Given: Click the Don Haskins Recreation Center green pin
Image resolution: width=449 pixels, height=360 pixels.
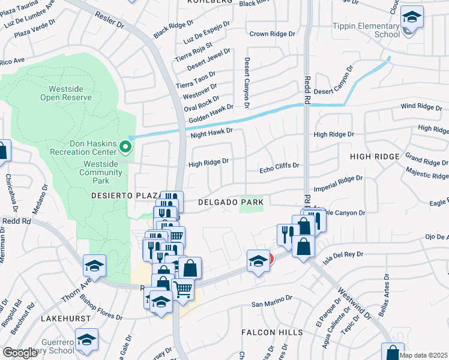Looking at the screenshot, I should (125, 146).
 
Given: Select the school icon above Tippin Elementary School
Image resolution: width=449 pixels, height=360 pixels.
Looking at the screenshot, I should (412, 17).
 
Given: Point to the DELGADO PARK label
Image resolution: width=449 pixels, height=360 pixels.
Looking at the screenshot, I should (231, 203).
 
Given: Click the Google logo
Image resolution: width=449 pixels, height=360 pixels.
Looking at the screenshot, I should (20, 353).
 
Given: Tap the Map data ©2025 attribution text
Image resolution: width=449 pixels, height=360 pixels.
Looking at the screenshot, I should (423, 355).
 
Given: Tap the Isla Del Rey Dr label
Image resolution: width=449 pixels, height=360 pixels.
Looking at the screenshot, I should (343, 257).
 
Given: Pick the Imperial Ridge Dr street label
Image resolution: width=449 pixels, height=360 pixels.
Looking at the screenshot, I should (338, 182).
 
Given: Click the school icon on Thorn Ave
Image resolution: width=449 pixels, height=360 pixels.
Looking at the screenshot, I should (94, 265).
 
